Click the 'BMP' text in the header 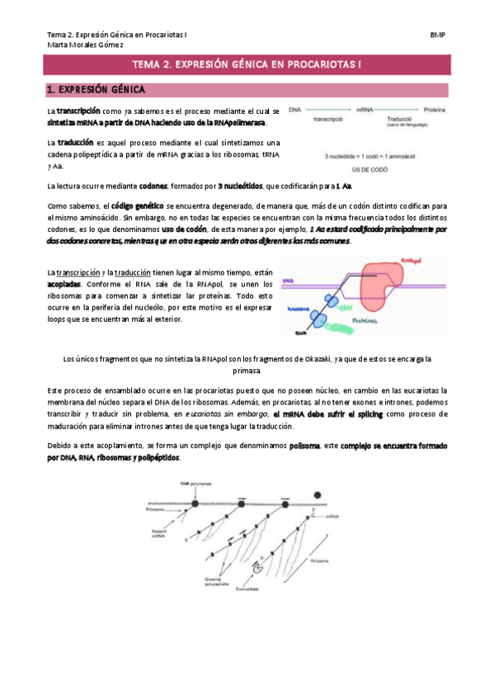[438, 35]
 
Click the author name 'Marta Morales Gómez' [86, 45]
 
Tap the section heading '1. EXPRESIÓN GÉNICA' [96, 89]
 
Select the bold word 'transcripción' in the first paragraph [78, 110]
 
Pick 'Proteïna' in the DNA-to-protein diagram [435, 109]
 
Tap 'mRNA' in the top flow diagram [368, 109]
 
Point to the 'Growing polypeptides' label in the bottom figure [214, 582]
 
